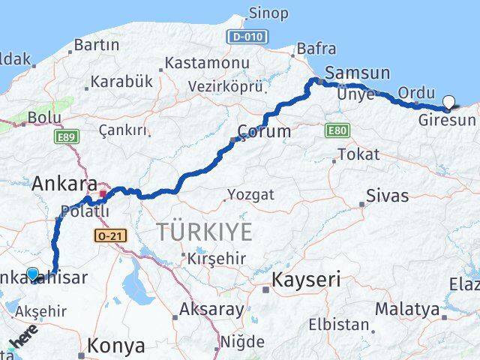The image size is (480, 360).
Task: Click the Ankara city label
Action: (64, 183)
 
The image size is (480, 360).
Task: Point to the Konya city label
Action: (115, 346)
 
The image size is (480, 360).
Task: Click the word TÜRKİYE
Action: (205, 232)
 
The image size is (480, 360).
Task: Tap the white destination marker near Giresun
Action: (449, 103)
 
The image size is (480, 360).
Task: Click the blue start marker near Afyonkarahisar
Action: (32, 274)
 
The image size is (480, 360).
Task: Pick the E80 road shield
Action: (337, 131)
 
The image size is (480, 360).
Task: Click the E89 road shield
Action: (66, 136)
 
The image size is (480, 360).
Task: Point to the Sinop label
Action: (268, 13)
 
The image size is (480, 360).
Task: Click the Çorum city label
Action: (264, 131)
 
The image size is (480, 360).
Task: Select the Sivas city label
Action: (387, 196)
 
